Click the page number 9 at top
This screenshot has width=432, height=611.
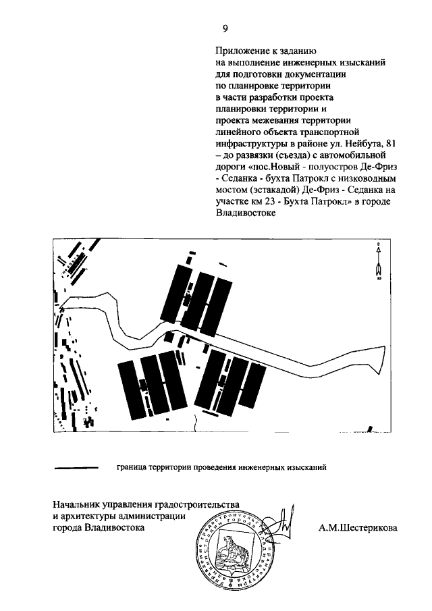(225, 28)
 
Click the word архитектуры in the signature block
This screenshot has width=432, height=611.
(89, 517)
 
